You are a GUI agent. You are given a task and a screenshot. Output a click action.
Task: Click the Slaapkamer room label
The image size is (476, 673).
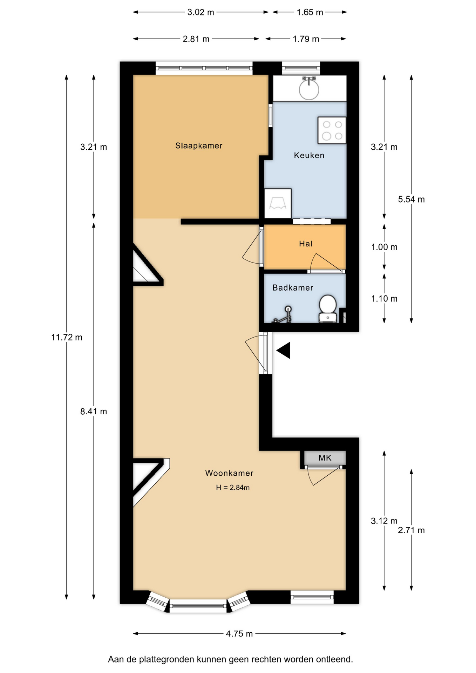pyautogui.click(x=199, y=145)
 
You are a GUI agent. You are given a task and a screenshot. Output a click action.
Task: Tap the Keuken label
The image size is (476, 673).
pyautogui.click(x=309, y=155)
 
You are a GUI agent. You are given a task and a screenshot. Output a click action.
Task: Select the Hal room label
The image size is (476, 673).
pyautogui.click(x=306, y=244)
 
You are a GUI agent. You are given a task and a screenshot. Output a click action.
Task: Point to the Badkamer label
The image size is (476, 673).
pyautogui.click(x=293, y=288)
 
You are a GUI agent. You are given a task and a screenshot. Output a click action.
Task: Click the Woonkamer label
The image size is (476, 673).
pyautogui.click(x=229, y=473)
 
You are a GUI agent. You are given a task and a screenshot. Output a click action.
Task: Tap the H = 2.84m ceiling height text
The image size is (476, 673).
pyautogui.click(x=233, y=488)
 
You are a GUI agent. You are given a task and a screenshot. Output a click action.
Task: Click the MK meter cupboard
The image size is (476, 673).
pyautogui.click(x=325, y=458)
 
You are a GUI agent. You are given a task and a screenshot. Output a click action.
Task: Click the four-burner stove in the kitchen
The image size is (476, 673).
pyautogui.click(x=332, y=130)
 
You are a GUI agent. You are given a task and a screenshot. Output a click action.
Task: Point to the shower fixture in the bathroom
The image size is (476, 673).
pyautogui.click(x=284, y=314)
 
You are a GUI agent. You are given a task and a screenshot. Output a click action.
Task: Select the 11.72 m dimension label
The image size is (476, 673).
pyautogui.click(x=67, y=338)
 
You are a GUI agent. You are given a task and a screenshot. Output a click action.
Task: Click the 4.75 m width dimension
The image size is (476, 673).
pyautogui.click(x=239, y=634)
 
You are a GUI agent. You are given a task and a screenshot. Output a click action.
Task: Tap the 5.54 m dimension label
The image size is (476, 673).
pyautogui.click(x=411, y=199)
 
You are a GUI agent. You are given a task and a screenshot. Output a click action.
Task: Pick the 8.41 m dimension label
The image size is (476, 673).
pyautogui.click(x=94, y=412)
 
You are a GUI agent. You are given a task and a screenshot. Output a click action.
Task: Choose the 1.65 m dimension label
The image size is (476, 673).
pyautogui.click(x=310, y=12)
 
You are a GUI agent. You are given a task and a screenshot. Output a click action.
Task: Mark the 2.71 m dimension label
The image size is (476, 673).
pyautogui.click(x=411, y=530)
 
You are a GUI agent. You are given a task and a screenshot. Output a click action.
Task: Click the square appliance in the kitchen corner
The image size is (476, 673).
pyautogui.click(x=278, y=204)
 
